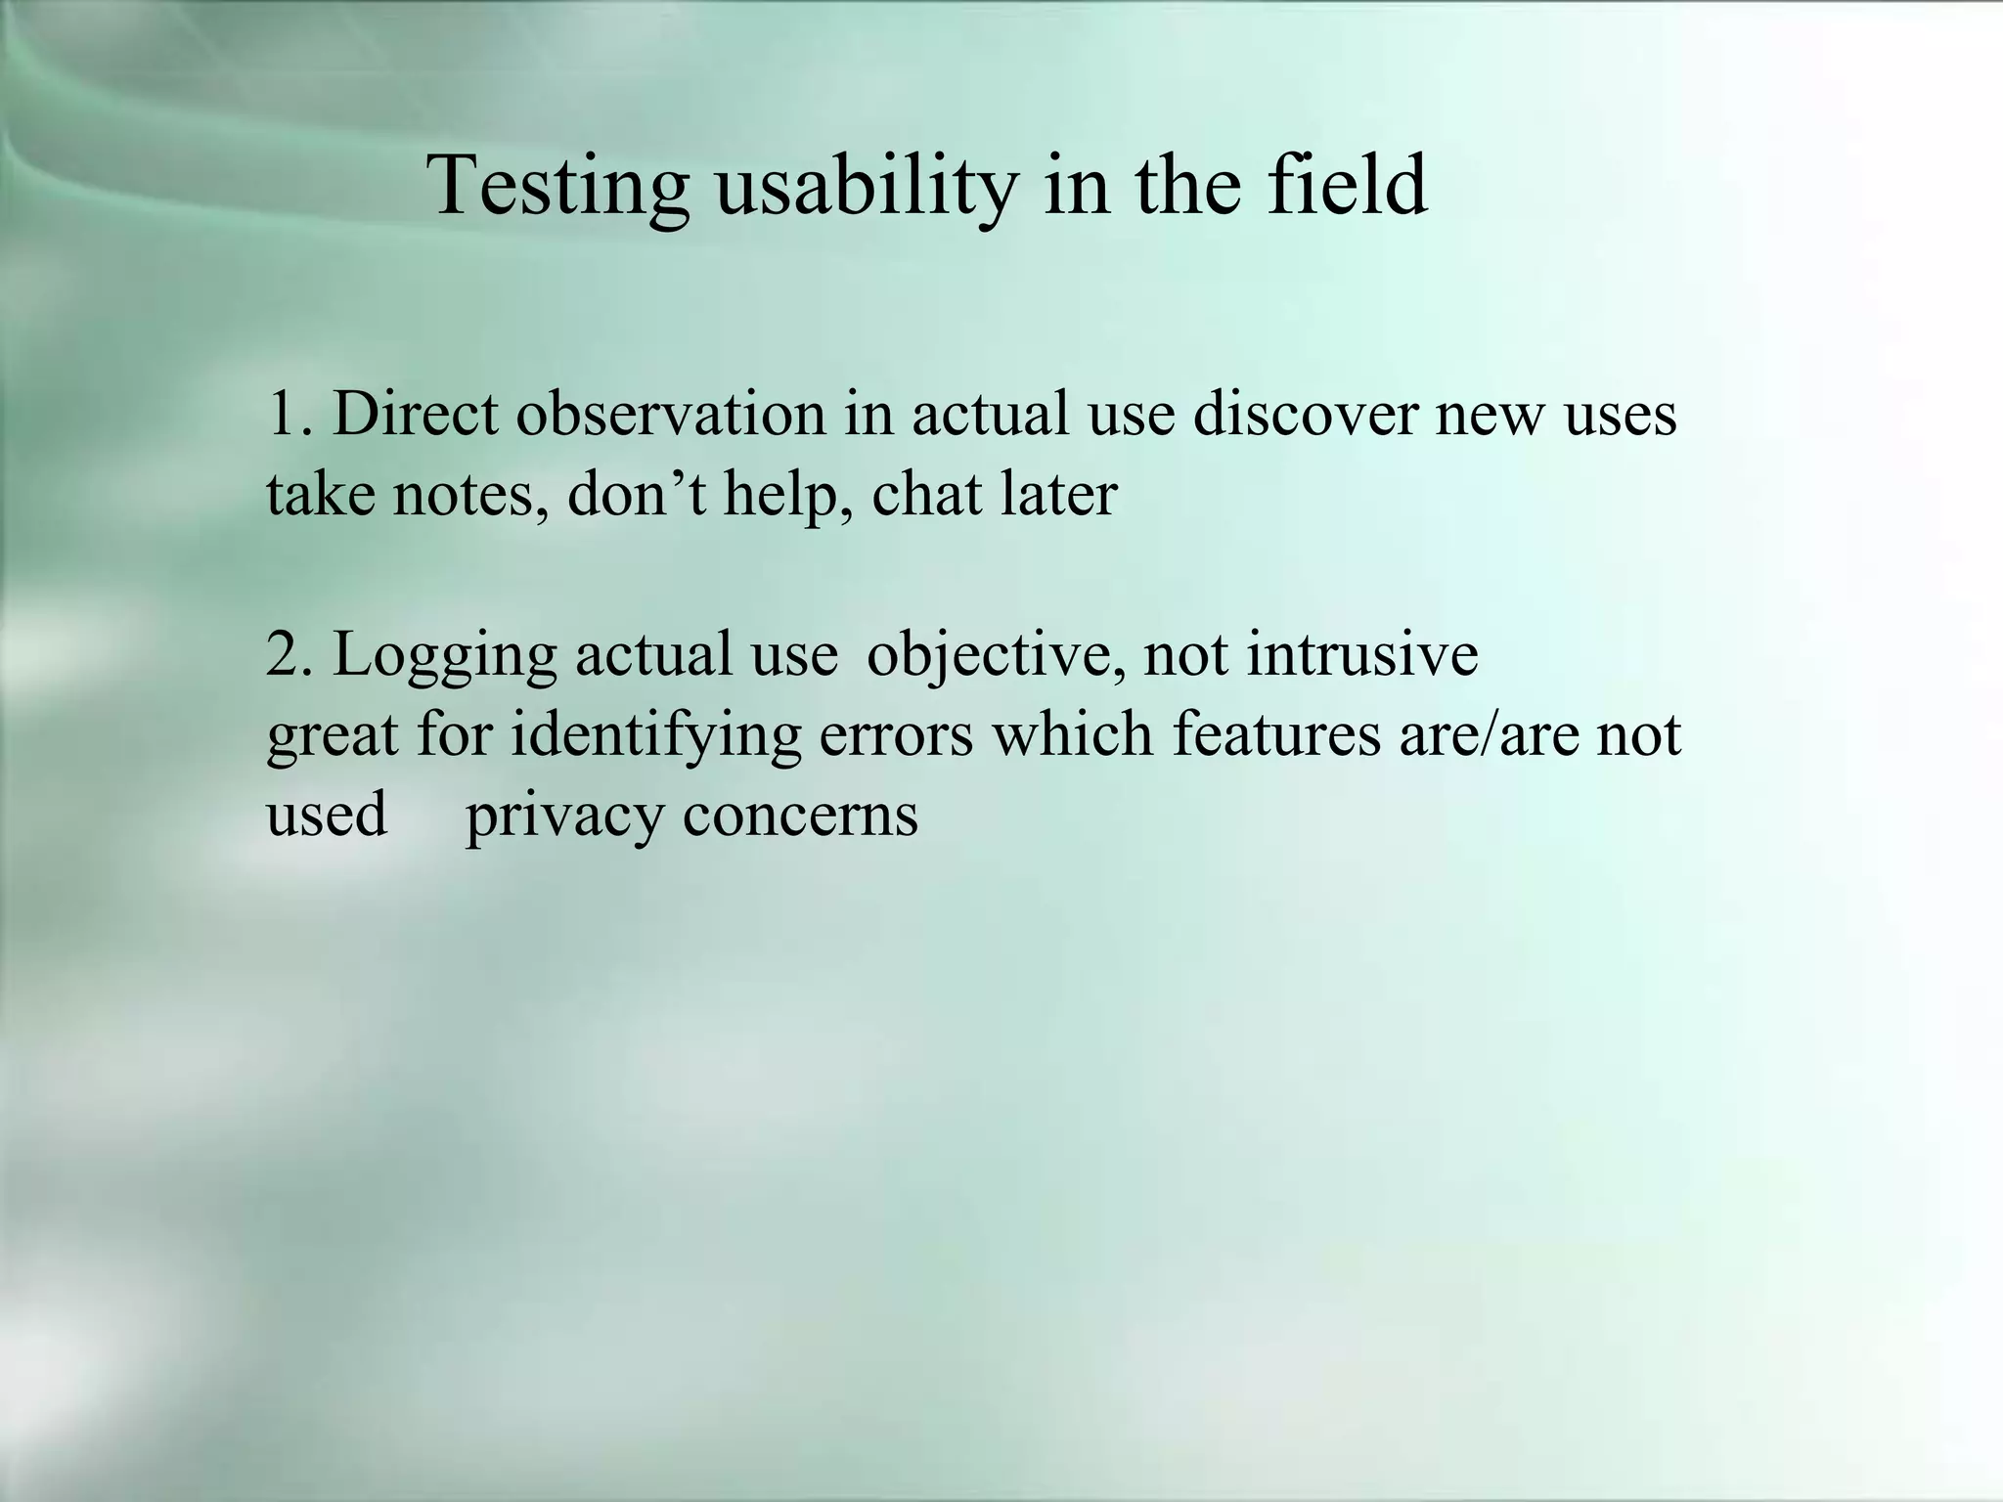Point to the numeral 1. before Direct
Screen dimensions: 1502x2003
point(290,414)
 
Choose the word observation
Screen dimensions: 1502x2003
point(671,414)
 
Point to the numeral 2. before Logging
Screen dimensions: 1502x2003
point(290,654)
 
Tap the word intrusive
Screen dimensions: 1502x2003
point(1361,654)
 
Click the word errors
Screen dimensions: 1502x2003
point(896,736)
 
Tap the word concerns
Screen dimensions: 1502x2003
point(800,816)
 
